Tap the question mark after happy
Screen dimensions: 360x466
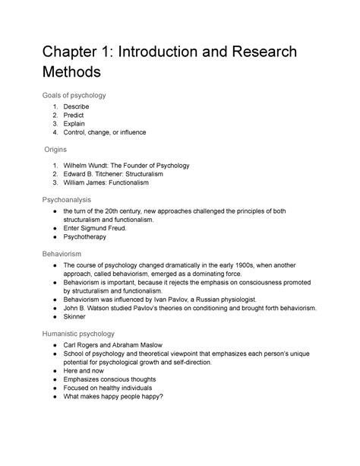coord(185,395)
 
